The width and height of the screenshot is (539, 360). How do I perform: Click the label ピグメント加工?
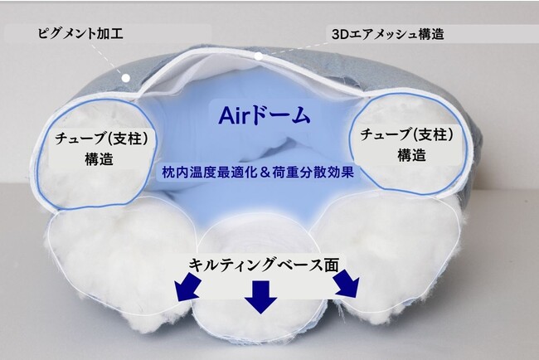[80, 34]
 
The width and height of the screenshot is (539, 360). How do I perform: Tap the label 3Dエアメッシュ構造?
[388, 34]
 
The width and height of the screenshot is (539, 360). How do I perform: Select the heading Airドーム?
[265, 115]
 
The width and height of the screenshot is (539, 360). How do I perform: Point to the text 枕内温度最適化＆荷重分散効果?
[258, 172]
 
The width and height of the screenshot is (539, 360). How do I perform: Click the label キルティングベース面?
[264, 265]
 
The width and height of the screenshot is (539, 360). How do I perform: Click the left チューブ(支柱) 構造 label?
[101, 148]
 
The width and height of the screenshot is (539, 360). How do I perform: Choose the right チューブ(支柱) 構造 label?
[406, 144]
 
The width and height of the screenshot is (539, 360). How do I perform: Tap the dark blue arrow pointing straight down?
[261, 296]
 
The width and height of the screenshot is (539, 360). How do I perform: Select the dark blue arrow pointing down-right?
[347, 284]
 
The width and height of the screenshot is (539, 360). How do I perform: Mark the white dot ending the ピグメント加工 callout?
[126, 78]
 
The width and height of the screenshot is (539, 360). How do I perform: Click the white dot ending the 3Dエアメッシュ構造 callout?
[259, 56]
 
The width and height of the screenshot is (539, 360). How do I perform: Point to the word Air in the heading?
[233, 115]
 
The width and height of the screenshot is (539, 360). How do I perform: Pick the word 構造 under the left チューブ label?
[100, 159]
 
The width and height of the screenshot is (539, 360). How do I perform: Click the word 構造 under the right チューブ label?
[411, 155]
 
